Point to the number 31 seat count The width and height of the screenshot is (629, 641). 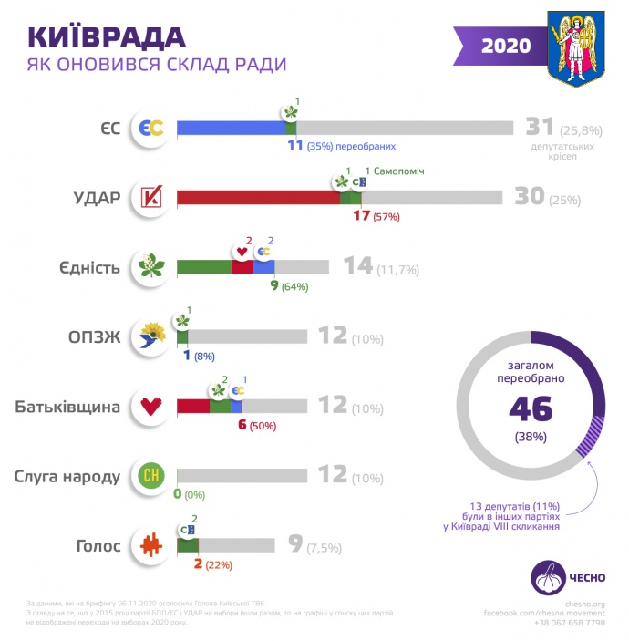click(541, 128)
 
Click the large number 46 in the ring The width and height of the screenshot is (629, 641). click(531, 408)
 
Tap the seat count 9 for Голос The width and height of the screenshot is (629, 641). click(294, 544)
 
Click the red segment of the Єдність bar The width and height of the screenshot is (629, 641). click(242, 267)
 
